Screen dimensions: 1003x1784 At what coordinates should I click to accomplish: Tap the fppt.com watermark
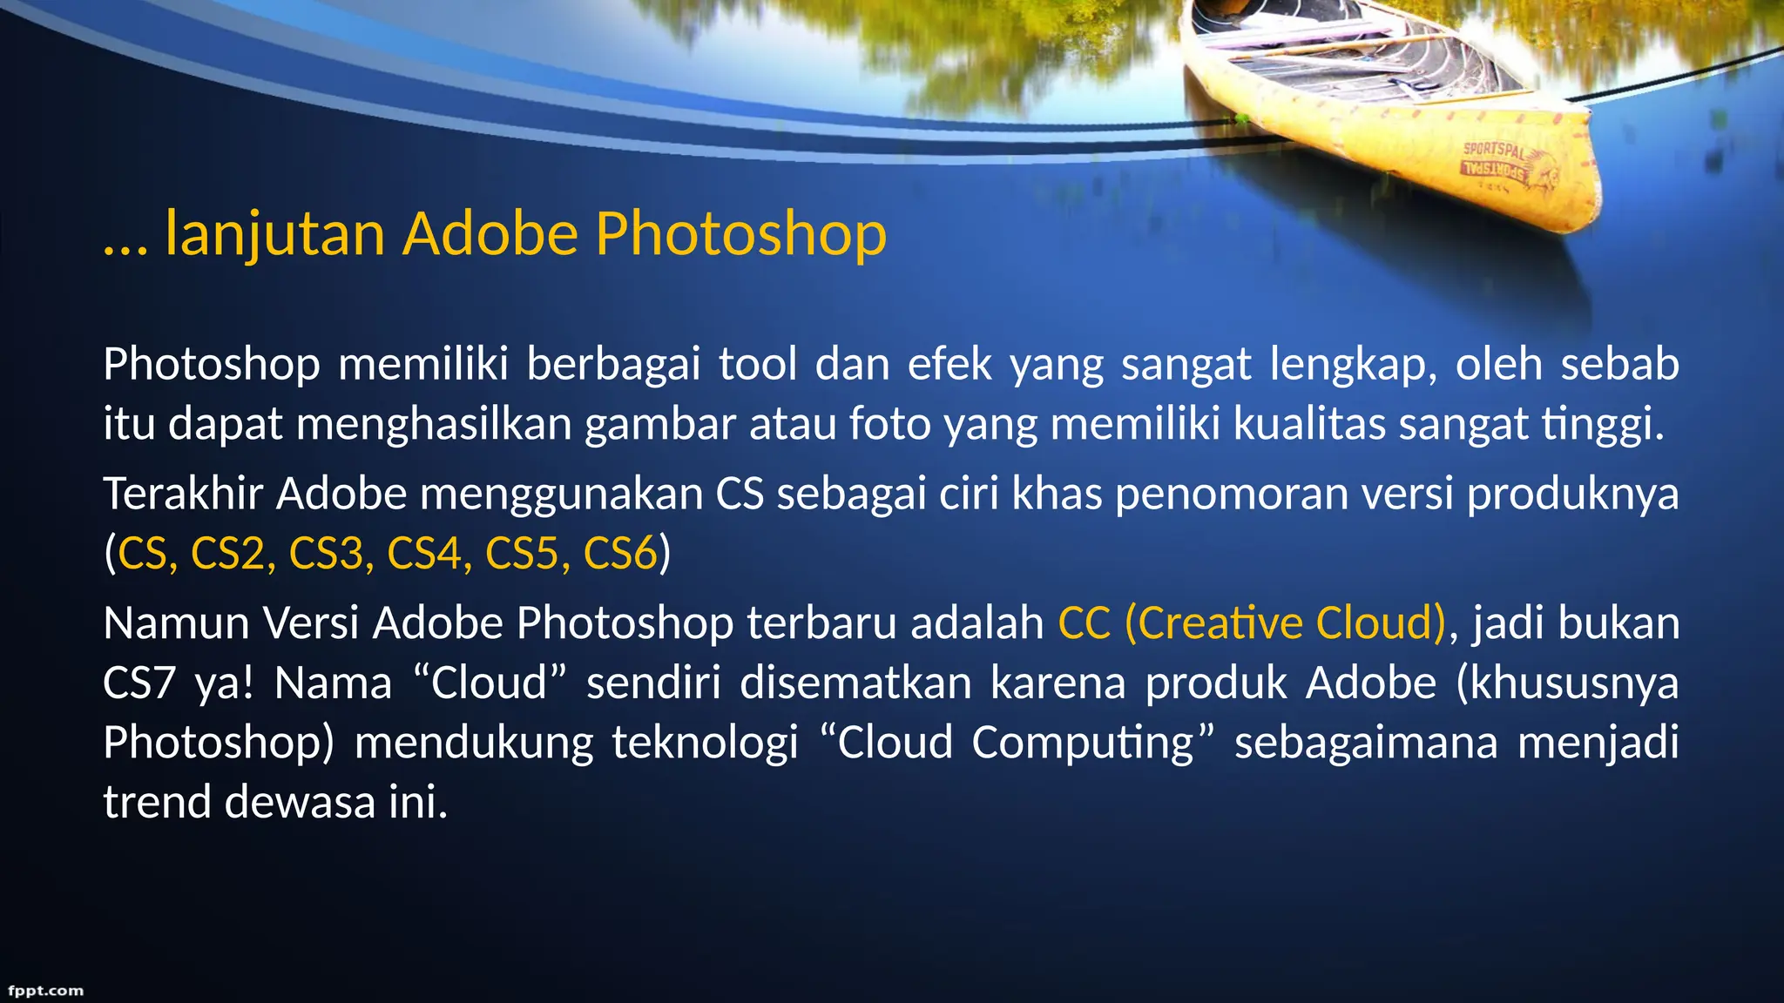[x=45, y=991]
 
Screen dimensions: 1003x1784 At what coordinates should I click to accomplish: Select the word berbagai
[x=613, y=364]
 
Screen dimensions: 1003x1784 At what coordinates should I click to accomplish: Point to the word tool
[x=758, y=364]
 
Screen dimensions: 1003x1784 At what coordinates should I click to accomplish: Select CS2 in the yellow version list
[x=228, y=554]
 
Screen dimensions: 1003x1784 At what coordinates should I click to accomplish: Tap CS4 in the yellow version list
[x=424, y=554]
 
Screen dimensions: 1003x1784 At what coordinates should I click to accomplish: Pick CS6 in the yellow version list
[x=620, y=554]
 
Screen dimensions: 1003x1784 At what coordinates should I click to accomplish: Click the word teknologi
[x=705, y=743]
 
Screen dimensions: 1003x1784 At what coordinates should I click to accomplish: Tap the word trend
[x=157, y=802]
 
